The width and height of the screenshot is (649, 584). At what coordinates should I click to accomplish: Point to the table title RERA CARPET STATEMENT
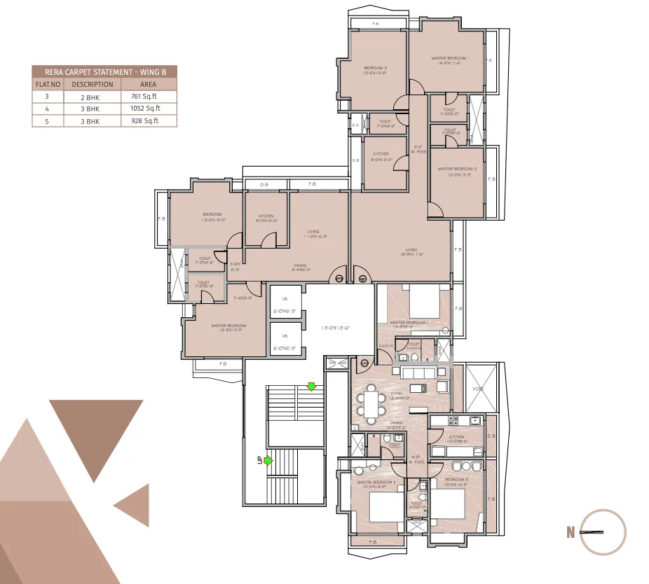(104, 71)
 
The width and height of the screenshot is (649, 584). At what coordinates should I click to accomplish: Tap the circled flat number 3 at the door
(339, 278)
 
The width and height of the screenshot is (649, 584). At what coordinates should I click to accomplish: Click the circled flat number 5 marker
(364, 362)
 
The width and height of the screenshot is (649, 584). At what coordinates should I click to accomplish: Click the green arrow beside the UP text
(268, 460)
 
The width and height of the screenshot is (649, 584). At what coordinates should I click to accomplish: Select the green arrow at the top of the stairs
(311, 386)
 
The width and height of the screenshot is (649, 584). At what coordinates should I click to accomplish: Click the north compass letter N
(571, 533)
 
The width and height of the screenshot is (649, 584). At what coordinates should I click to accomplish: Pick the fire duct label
(337, 363)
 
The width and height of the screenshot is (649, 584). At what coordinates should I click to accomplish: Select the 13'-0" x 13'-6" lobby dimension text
(335, 328)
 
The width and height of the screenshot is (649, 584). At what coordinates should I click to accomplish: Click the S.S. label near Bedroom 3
(357, 125)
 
